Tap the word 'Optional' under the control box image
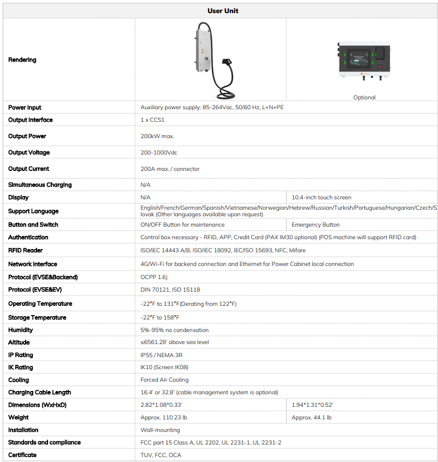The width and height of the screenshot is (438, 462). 364,97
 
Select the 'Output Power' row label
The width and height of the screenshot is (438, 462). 27,136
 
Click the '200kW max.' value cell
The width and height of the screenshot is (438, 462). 157,136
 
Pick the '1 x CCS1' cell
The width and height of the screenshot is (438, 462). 153,120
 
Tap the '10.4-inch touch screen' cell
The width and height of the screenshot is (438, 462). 322,197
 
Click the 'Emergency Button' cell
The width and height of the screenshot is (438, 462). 316,224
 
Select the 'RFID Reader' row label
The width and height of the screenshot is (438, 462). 26,250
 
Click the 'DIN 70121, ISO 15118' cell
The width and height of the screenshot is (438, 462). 170,289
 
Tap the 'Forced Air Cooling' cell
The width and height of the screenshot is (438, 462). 164,380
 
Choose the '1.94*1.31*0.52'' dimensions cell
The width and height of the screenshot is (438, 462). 312,405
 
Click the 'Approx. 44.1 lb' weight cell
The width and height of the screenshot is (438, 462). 311,417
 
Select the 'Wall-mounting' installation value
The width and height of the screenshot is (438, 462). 160,430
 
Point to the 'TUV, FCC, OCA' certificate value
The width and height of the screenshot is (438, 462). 161,455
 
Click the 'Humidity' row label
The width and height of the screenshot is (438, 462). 21,330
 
